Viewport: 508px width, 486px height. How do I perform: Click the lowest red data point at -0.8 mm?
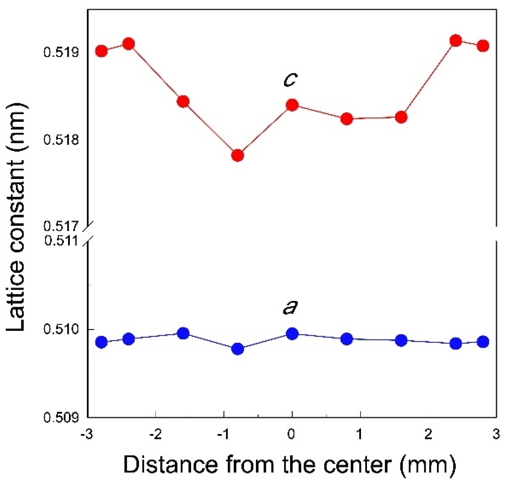238,155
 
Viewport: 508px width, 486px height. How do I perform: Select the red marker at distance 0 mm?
292,105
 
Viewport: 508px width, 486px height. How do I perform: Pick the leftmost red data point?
101,51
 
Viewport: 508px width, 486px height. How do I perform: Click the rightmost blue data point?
483,341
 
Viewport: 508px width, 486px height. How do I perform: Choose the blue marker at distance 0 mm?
292,334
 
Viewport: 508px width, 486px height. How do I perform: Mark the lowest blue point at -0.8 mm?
238,349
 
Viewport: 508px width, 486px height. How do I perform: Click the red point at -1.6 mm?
183,101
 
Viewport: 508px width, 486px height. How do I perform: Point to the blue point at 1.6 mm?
401,340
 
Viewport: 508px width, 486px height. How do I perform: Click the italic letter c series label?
290,79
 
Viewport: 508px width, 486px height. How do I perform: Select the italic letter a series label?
290,307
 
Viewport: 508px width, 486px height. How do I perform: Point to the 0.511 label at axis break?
61,241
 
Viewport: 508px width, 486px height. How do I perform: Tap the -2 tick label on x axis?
155,435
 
